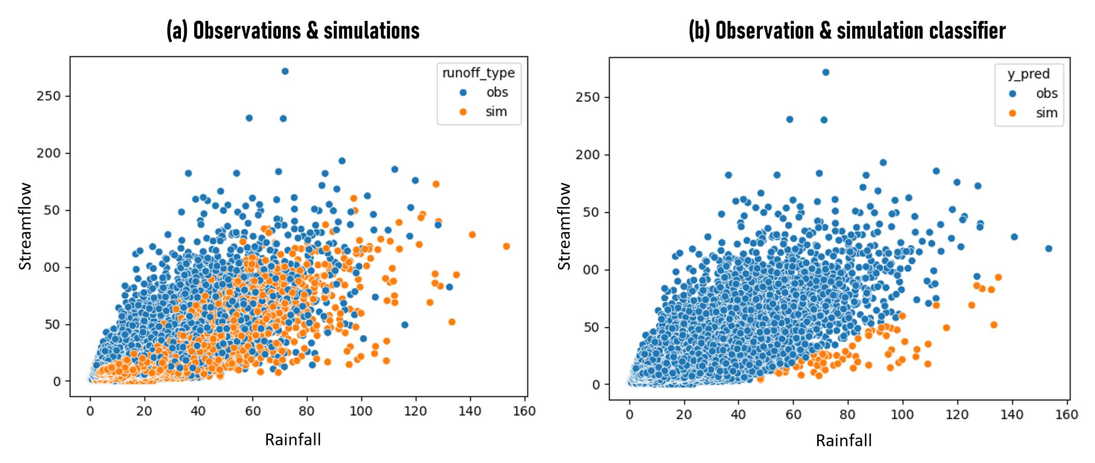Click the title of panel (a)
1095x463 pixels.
click(293, 31)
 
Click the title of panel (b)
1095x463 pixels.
click(847, 31)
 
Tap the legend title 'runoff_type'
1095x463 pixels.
click(478, 73)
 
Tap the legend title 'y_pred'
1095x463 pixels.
click(1029, 74)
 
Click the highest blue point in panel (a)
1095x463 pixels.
click(285, 71)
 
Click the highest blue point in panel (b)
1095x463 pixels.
click(826, 72)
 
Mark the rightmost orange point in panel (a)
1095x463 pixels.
click(506, 246)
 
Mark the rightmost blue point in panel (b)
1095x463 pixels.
click(1049, 249)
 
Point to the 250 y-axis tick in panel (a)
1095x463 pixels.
click(49, 96)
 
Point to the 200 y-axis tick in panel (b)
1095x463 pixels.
click(588, 155)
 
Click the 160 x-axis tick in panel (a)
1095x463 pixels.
click(524, 411)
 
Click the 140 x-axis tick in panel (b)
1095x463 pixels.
click(1012, 414)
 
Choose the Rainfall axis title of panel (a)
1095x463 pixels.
click(293, 439)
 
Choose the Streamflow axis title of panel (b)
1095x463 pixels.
click(564, 226)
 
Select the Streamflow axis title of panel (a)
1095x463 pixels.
click(25, 226)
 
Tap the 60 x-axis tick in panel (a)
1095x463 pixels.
click(253, 411)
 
